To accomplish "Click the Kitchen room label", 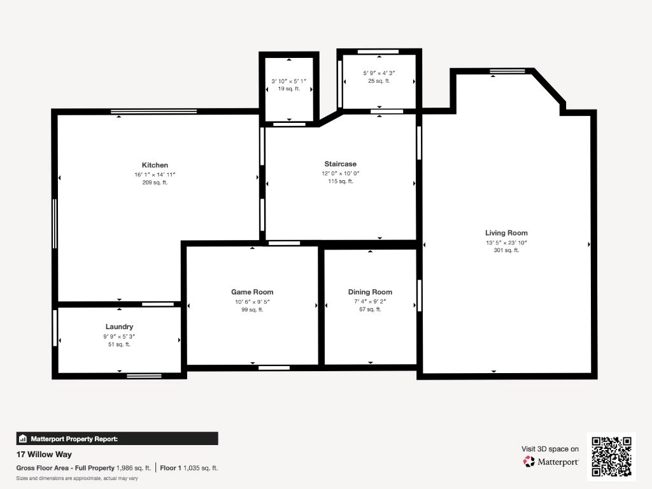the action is tap(155, 165).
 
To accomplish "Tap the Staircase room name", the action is tap(341, 164).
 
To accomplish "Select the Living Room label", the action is tap(506, 233).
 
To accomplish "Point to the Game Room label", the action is tap(252, 292).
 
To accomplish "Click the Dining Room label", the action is tap(370, 292).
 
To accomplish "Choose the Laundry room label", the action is tap(119, 327).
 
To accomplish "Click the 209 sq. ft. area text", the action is tap(155, 182).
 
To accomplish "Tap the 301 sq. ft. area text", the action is tap(506, 250).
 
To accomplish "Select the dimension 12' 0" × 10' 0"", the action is tap(341, 173).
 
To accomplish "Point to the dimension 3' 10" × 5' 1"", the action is tap(289, 81).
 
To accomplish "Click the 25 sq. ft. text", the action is tap(379, 81).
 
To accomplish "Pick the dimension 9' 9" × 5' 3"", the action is tap(119, 336).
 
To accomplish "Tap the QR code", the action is tap(612, 457).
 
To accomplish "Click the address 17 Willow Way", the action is tap(44, 455).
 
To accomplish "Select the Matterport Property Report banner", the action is tap(117, 439).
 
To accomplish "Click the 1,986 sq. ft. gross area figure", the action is tap(134, 468).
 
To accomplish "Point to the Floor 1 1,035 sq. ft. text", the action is tap(188, 468).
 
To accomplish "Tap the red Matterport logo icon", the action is tap(528, 462).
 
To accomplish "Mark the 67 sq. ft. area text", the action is tap(370, 309).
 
